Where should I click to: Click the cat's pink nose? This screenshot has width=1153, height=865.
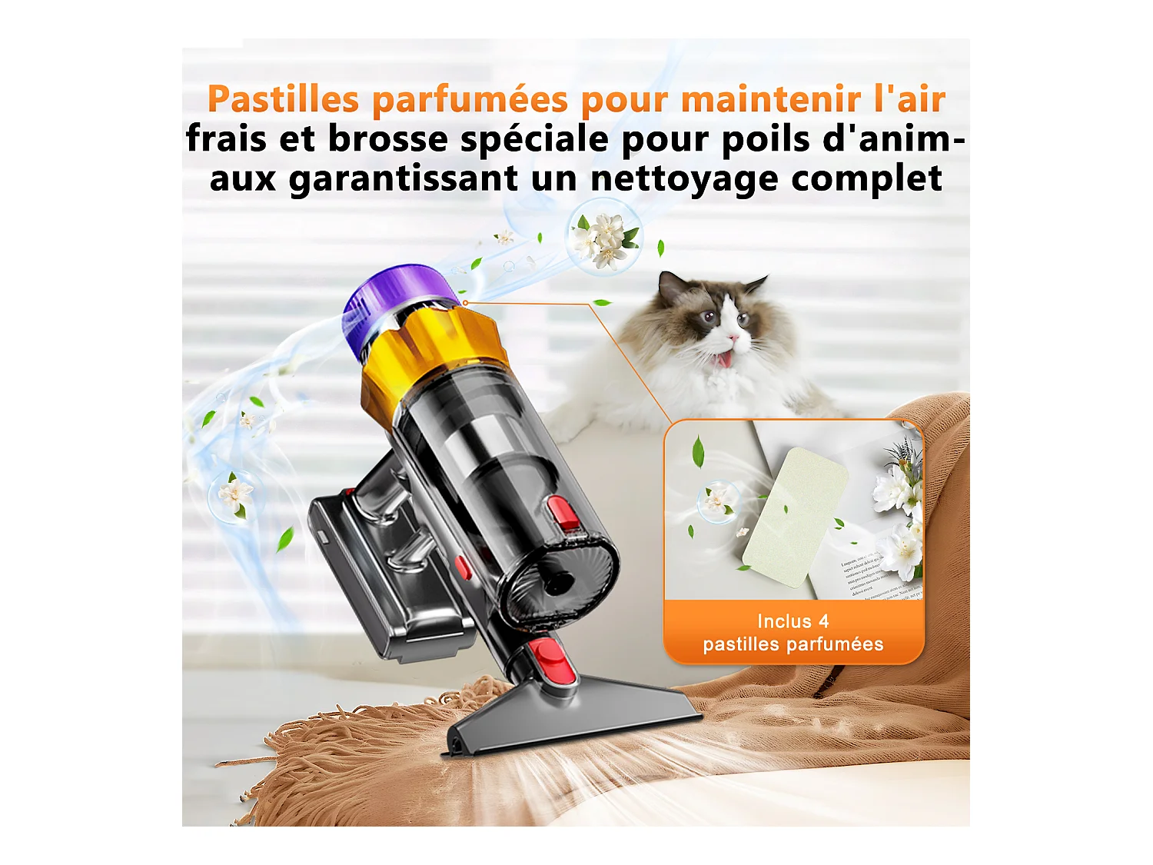pos(734,337)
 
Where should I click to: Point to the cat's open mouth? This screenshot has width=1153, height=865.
pos(725,358)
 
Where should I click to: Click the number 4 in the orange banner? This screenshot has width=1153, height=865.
pos(823,621)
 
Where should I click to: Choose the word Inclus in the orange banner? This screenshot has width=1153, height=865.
pos(784,621)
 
